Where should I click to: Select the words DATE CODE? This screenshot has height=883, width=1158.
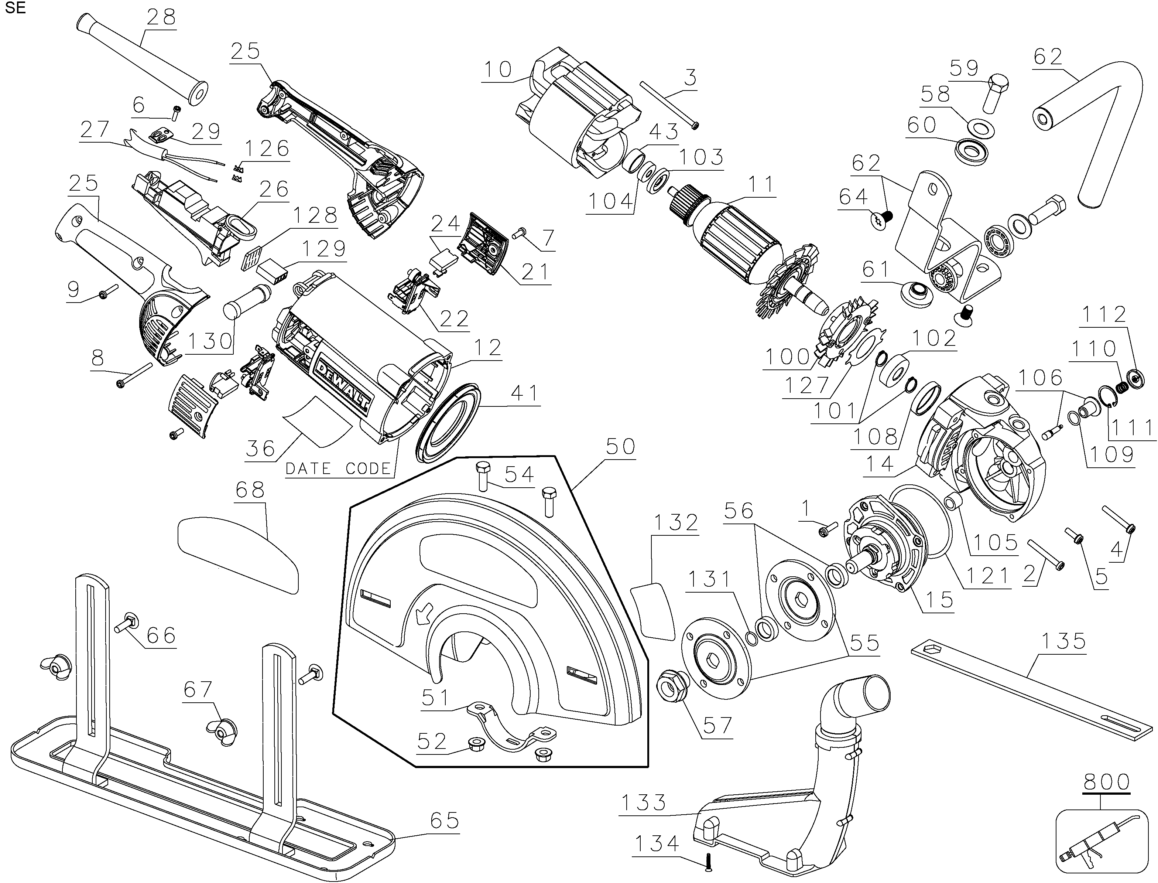[x=338, y=468]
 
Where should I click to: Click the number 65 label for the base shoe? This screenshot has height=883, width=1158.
[x=444, y=821]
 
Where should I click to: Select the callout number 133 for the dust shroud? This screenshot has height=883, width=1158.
[x=644, y=802]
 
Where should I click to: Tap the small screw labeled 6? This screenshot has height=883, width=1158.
[x=175, y=112]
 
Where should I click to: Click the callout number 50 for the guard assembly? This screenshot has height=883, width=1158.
[x=620, y=446]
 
